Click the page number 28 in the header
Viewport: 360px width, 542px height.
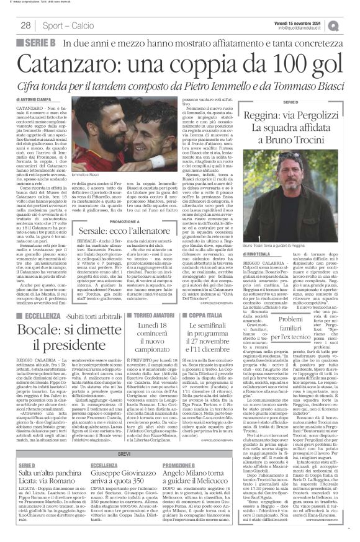tap(25, 25)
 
